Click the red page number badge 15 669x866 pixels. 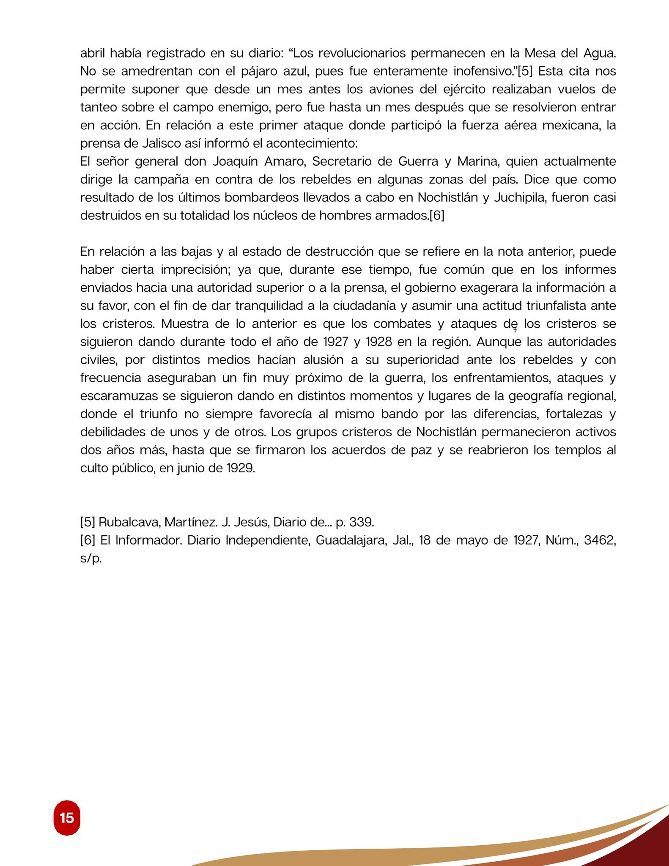click(67, 818)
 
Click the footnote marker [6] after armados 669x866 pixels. click(436, 216)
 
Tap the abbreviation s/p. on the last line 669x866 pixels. click(91, 559)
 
